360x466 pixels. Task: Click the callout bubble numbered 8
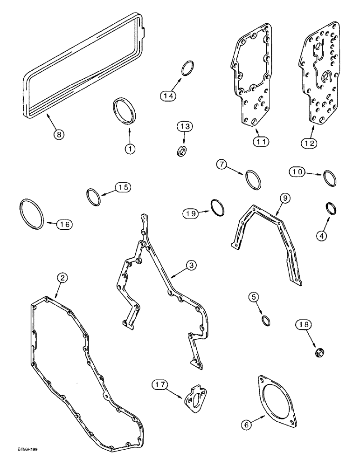point(58,134)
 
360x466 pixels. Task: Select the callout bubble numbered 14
point(168,96)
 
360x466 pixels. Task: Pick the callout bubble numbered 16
point(65,224)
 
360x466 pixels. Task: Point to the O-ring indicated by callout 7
point(252,179)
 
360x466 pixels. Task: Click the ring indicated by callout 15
point(94,197)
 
